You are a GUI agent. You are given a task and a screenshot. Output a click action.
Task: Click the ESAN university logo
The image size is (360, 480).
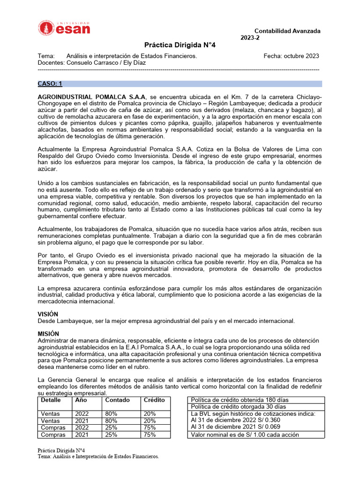coord(64,28)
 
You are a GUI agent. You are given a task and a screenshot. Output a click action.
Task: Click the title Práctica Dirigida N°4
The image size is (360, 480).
coord(180,45)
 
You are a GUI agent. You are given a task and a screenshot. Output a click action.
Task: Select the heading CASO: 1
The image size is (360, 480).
coord(50,84)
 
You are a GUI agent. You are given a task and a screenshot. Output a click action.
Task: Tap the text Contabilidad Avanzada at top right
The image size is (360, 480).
coord(287,31)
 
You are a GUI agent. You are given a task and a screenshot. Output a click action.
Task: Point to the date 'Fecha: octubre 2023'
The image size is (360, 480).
coord(291,56)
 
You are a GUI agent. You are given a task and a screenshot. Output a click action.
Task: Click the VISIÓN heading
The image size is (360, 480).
coord(48,314)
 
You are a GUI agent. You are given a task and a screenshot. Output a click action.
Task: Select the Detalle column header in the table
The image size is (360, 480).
coord(51,400)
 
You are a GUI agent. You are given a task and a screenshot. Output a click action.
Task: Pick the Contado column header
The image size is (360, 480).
coord(118,400)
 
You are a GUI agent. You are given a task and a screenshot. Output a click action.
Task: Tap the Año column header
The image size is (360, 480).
coord(81,400)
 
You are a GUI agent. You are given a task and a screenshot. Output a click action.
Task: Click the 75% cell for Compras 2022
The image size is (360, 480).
coord(150,427)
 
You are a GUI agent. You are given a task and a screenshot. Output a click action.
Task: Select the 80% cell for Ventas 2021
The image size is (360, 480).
coord(112,421)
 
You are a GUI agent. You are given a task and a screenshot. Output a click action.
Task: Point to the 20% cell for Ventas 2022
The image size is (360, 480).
coord(150,414)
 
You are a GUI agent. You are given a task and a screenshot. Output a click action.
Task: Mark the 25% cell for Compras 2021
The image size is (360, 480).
coord(112,435)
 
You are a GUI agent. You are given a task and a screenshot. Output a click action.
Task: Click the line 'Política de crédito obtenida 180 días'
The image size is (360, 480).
coord(240,400)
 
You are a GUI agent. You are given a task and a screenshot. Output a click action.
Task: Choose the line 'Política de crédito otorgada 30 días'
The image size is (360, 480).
coord(239,407)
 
